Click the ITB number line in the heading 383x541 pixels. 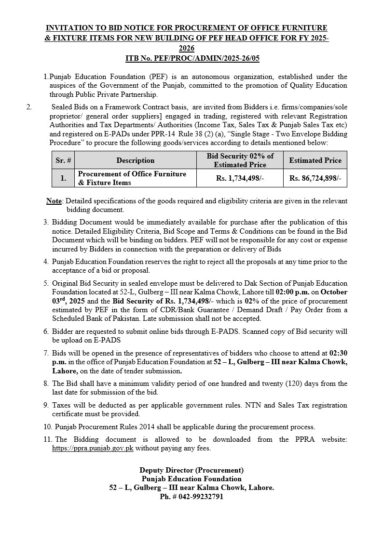click(192, 58)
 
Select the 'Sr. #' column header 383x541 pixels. click(63, 160)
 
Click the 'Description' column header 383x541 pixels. click(136, 160)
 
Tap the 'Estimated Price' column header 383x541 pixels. click(315, 160)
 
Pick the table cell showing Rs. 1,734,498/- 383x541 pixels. click(240, 178)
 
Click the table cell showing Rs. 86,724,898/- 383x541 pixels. click(315, 178)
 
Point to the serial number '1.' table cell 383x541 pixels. click(63, 178)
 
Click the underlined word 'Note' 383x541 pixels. click(54, 201)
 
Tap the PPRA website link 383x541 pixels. click(92, 449)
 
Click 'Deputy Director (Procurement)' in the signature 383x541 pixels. click(191, 470)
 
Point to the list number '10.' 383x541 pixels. click(47, 427)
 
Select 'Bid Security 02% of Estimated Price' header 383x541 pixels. click(240, 160)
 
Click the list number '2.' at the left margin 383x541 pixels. click(29, 107)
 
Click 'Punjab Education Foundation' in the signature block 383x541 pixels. click(191, 479)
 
